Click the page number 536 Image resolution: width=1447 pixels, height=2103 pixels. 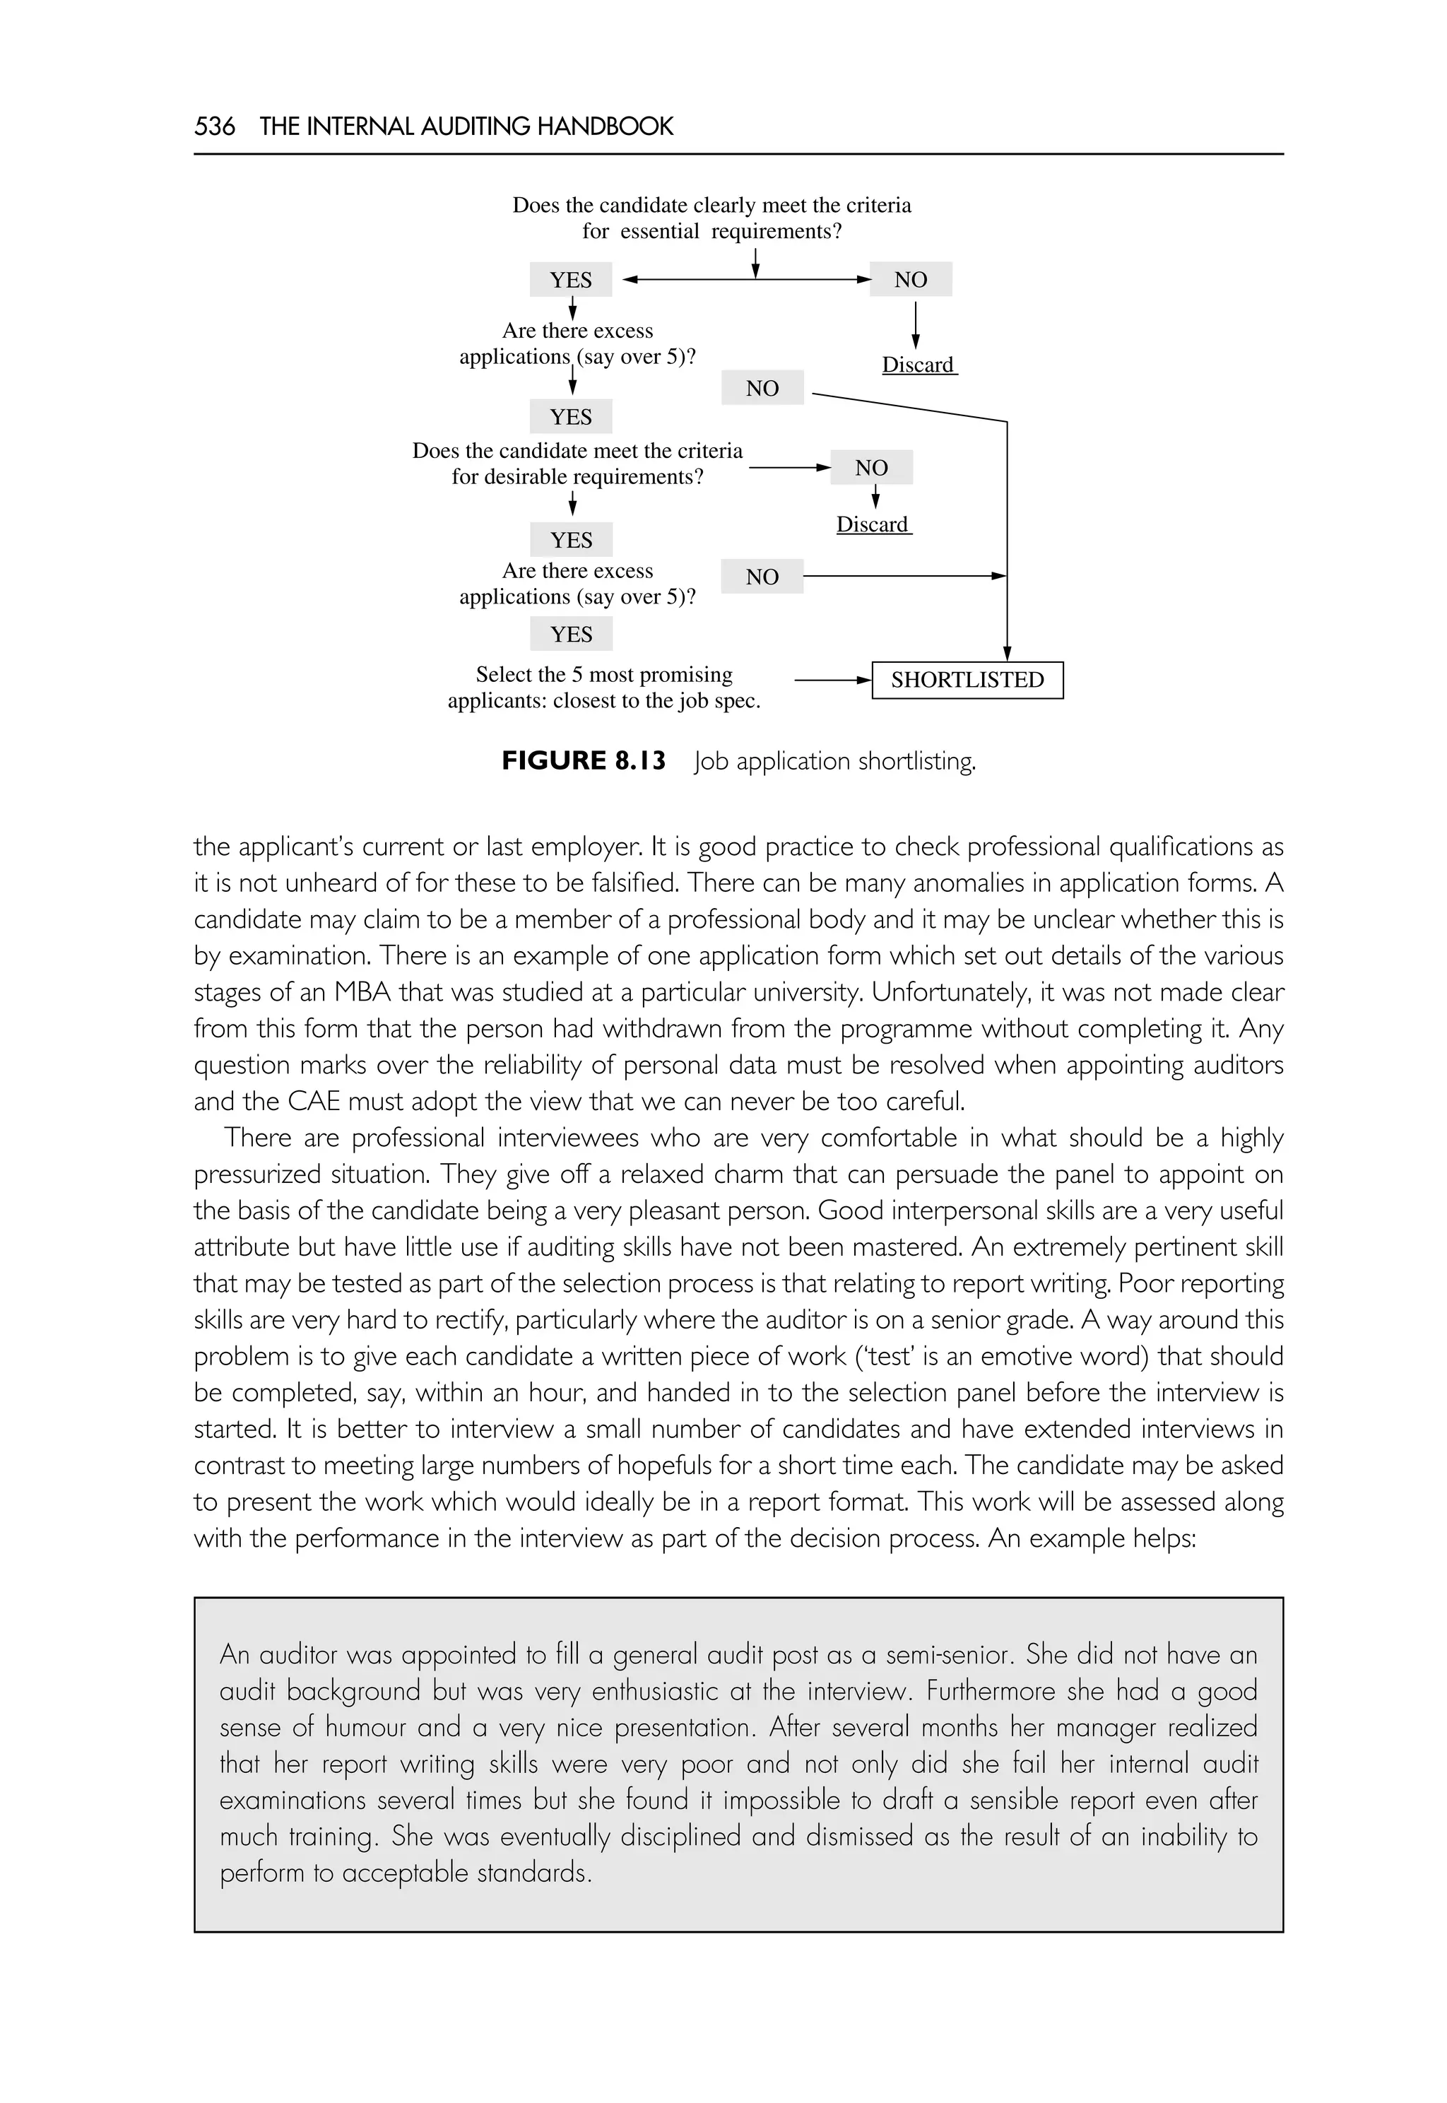coord(214,126)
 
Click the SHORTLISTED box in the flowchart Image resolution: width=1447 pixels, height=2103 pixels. coord(967,680)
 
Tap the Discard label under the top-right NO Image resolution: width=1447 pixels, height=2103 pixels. coord(919,365)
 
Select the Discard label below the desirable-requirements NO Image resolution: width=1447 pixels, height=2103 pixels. coord(872,524)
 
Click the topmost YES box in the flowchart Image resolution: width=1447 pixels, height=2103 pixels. coord(570,279)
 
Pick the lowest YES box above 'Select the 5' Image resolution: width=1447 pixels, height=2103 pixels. coord(571,634)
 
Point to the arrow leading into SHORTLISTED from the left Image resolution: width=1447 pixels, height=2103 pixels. coord(832,680)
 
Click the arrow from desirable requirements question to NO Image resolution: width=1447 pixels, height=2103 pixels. coord(788,468)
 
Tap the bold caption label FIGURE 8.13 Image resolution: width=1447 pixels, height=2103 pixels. coord(583,760)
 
